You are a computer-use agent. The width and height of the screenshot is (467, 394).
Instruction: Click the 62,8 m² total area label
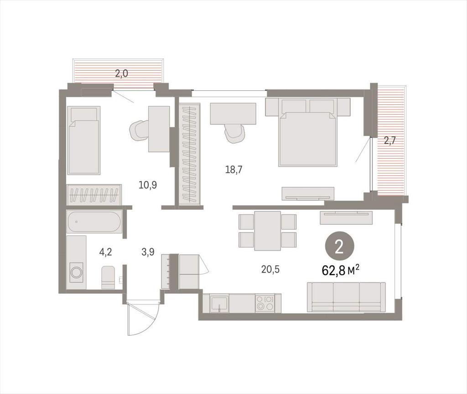(340, 270)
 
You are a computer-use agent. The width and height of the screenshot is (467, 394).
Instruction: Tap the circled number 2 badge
(339, 247)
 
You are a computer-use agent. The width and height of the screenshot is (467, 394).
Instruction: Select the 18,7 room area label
(234, 170)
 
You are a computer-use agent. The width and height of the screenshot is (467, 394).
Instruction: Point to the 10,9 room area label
(148, 185)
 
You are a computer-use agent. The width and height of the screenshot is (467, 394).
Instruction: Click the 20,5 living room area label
(271, 269)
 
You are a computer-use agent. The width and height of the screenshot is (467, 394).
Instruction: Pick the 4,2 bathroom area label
(106, 252)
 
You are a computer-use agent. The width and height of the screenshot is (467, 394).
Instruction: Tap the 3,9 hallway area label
(148, 252)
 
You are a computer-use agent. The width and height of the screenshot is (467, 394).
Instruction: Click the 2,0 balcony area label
(121, 73)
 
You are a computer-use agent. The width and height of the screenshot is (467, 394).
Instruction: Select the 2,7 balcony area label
(389, 140)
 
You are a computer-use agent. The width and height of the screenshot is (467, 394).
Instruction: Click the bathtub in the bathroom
(94, 222)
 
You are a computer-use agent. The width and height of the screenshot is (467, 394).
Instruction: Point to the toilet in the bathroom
(108, 278)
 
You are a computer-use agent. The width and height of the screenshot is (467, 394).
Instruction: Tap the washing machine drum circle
(77, 272)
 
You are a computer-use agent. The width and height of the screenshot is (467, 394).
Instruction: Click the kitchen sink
(219, 303)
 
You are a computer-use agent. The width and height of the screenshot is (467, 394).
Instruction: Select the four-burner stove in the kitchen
(265, 303)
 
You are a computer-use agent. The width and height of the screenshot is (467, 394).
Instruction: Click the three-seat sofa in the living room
(346, 297)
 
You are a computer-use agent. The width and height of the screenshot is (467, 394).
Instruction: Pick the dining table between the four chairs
(267, 231)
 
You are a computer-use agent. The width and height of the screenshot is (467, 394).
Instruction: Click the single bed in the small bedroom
(83, 140)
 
